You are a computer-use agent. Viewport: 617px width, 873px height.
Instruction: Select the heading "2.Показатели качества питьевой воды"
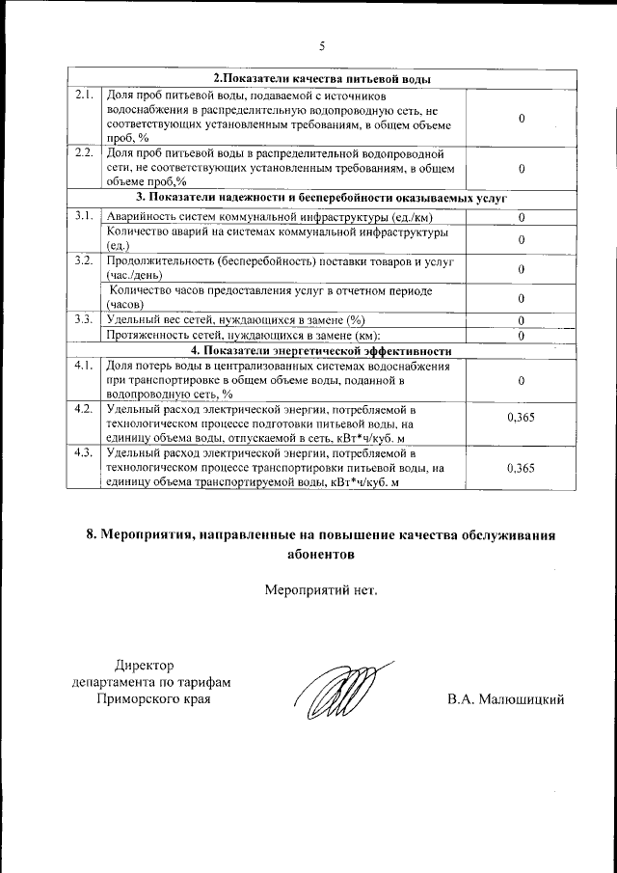321,79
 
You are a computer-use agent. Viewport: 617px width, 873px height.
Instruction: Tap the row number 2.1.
84,95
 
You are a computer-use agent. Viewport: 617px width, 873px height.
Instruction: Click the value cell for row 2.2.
521,168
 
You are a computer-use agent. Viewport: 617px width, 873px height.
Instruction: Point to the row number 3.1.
84,215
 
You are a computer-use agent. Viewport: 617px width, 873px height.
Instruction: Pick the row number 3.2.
84,261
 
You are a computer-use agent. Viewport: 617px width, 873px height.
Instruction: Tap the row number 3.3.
84,319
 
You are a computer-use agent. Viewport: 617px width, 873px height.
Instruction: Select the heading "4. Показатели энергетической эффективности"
321,349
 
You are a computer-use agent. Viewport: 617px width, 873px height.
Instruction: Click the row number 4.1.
84,365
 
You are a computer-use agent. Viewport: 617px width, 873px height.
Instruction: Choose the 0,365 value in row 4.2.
521,418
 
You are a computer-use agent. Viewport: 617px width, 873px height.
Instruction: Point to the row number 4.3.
84,452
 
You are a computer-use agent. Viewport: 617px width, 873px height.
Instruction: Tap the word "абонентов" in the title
321,555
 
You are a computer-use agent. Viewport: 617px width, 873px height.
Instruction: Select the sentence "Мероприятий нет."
321,589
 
